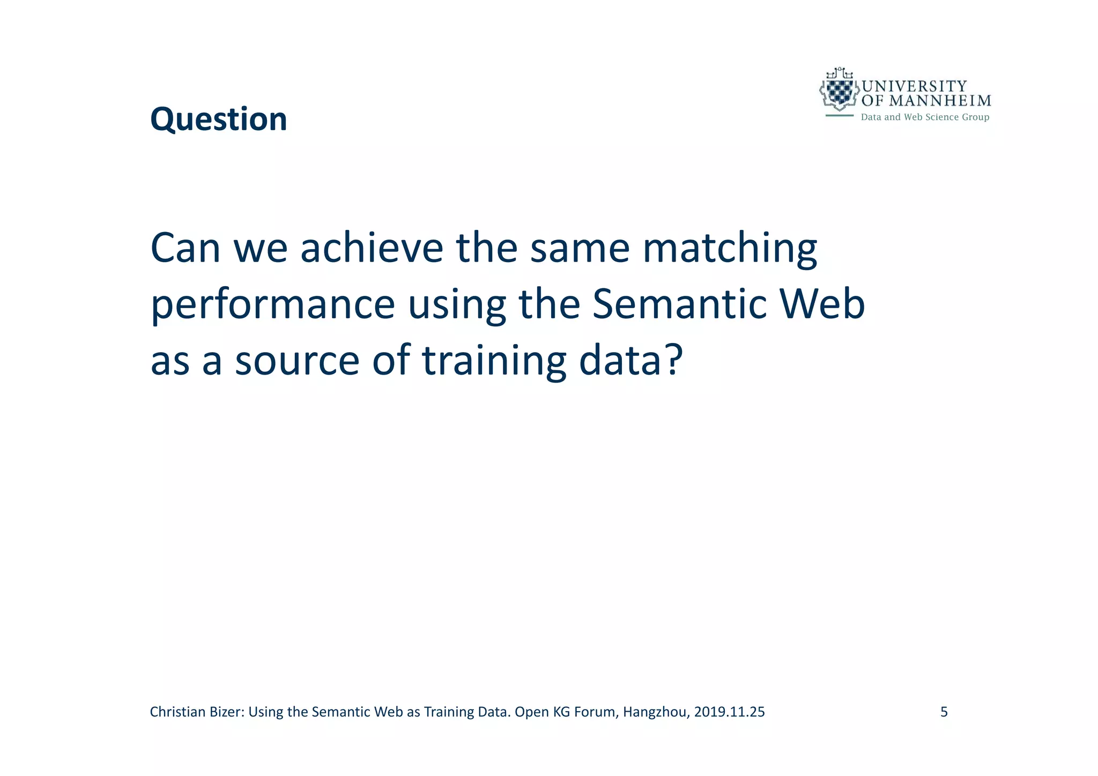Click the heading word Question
click(x=218, y=119)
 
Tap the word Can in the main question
click(x=185, y=248)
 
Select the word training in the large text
click(x=494, y=361)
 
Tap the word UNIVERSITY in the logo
click(x=914, y=86)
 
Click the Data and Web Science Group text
click(x=925, y=117)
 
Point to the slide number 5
click(x=944, y=712)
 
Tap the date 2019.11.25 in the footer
click(x=729, y=712)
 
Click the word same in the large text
click(x=580, y=248)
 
